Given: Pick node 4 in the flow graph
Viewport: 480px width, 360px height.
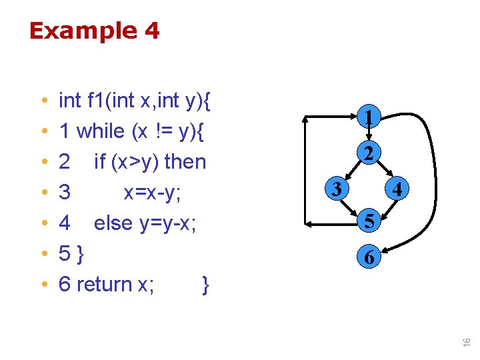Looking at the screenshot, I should point(397,190).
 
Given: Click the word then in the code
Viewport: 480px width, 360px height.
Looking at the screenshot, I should point(185,162).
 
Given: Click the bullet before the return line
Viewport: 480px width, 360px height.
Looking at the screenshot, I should point(43,285).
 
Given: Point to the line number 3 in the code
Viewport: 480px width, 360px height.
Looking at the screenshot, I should point(65,193).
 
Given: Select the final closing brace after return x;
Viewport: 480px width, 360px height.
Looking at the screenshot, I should point(205,285).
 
